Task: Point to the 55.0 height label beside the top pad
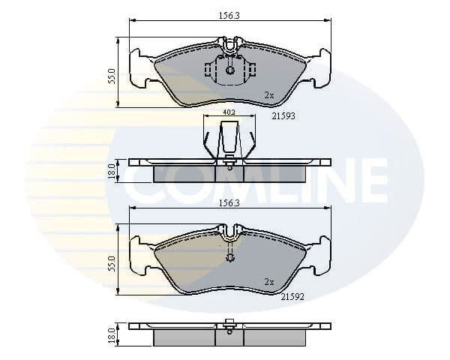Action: tap(112, 76)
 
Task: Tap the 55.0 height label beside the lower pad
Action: tap(112, 264)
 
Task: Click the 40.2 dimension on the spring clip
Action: tap(229, 112)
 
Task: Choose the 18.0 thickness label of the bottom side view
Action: tap(112, 335)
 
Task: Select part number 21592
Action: tap(292, 296)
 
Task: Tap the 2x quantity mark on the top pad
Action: tap(268, 95)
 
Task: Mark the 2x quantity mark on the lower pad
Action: tap(268, 282)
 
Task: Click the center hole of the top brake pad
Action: tap(230, 70)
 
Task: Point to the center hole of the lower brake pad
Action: tap(230, 259)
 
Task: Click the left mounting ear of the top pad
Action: tap(139, 68)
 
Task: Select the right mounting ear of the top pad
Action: tap(322, 68)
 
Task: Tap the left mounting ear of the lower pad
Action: tap(139, 256)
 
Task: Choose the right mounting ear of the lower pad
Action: tap(322, 256)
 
